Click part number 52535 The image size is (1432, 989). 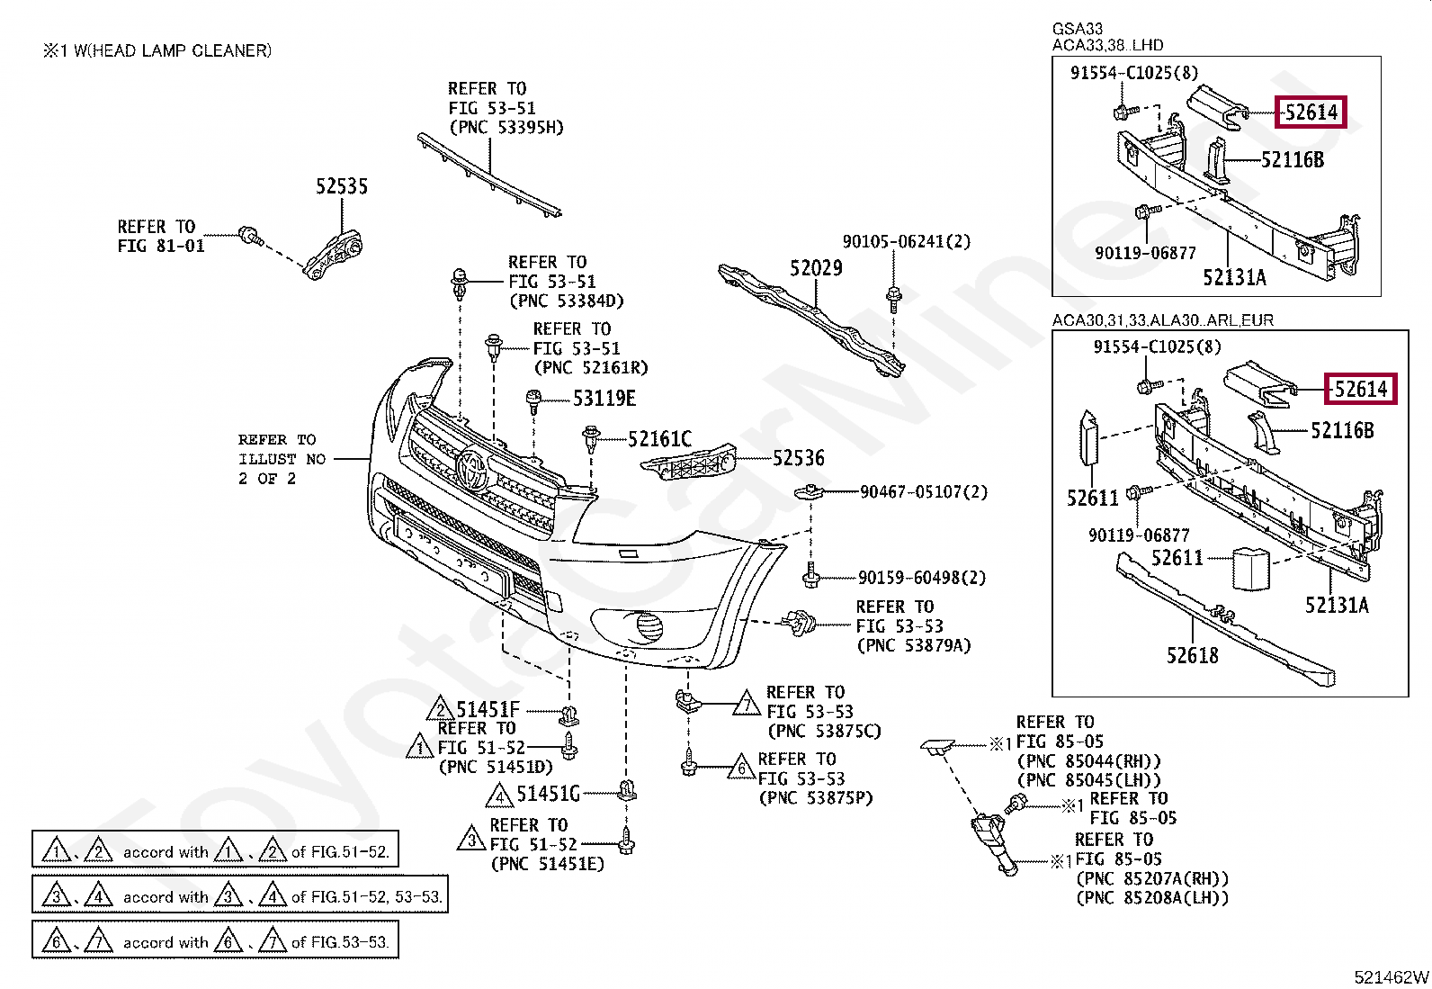342,186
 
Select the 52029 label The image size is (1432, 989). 816,268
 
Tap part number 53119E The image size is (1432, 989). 604,399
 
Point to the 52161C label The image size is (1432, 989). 659,439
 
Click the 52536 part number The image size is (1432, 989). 799,458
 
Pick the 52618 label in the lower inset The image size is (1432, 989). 1192,655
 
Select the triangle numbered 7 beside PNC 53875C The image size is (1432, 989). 746,704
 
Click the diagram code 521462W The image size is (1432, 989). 1392,976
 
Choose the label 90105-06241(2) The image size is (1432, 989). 907,241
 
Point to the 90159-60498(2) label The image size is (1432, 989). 922,578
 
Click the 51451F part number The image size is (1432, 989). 488,709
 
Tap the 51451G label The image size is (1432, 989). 548,794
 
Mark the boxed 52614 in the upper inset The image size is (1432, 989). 1311,112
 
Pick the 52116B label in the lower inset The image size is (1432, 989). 1342,430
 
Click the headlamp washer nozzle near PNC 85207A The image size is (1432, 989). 991,842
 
